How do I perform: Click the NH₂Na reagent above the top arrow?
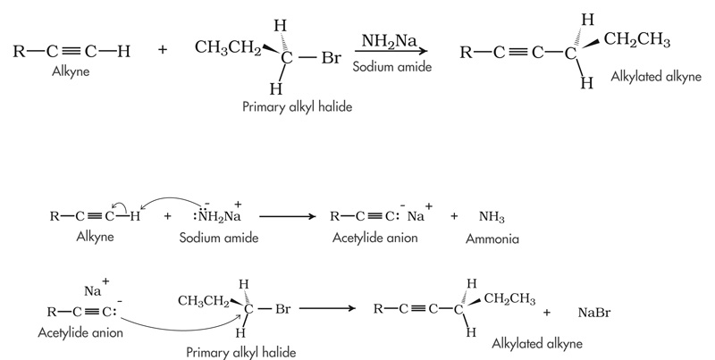387,41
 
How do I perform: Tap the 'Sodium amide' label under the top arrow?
387,66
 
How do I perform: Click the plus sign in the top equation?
162,51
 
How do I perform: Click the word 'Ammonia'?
492,240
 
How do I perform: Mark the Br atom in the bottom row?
283,310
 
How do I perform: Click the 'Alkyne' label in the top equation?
71,68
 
